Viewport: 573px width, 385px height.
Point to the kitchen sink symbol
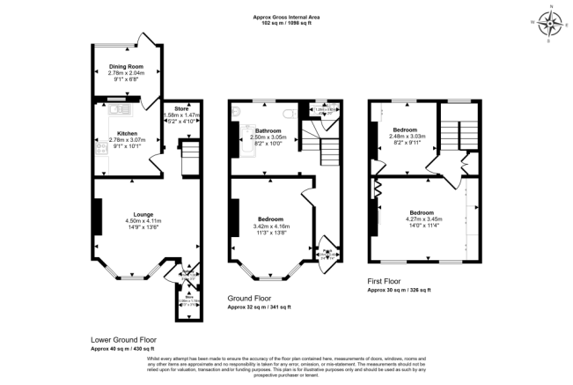point(118,110)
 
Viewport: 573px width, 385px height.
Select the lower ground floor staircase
point(189,159)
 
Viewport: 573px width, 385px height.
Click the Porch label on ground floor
point(327,251)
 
